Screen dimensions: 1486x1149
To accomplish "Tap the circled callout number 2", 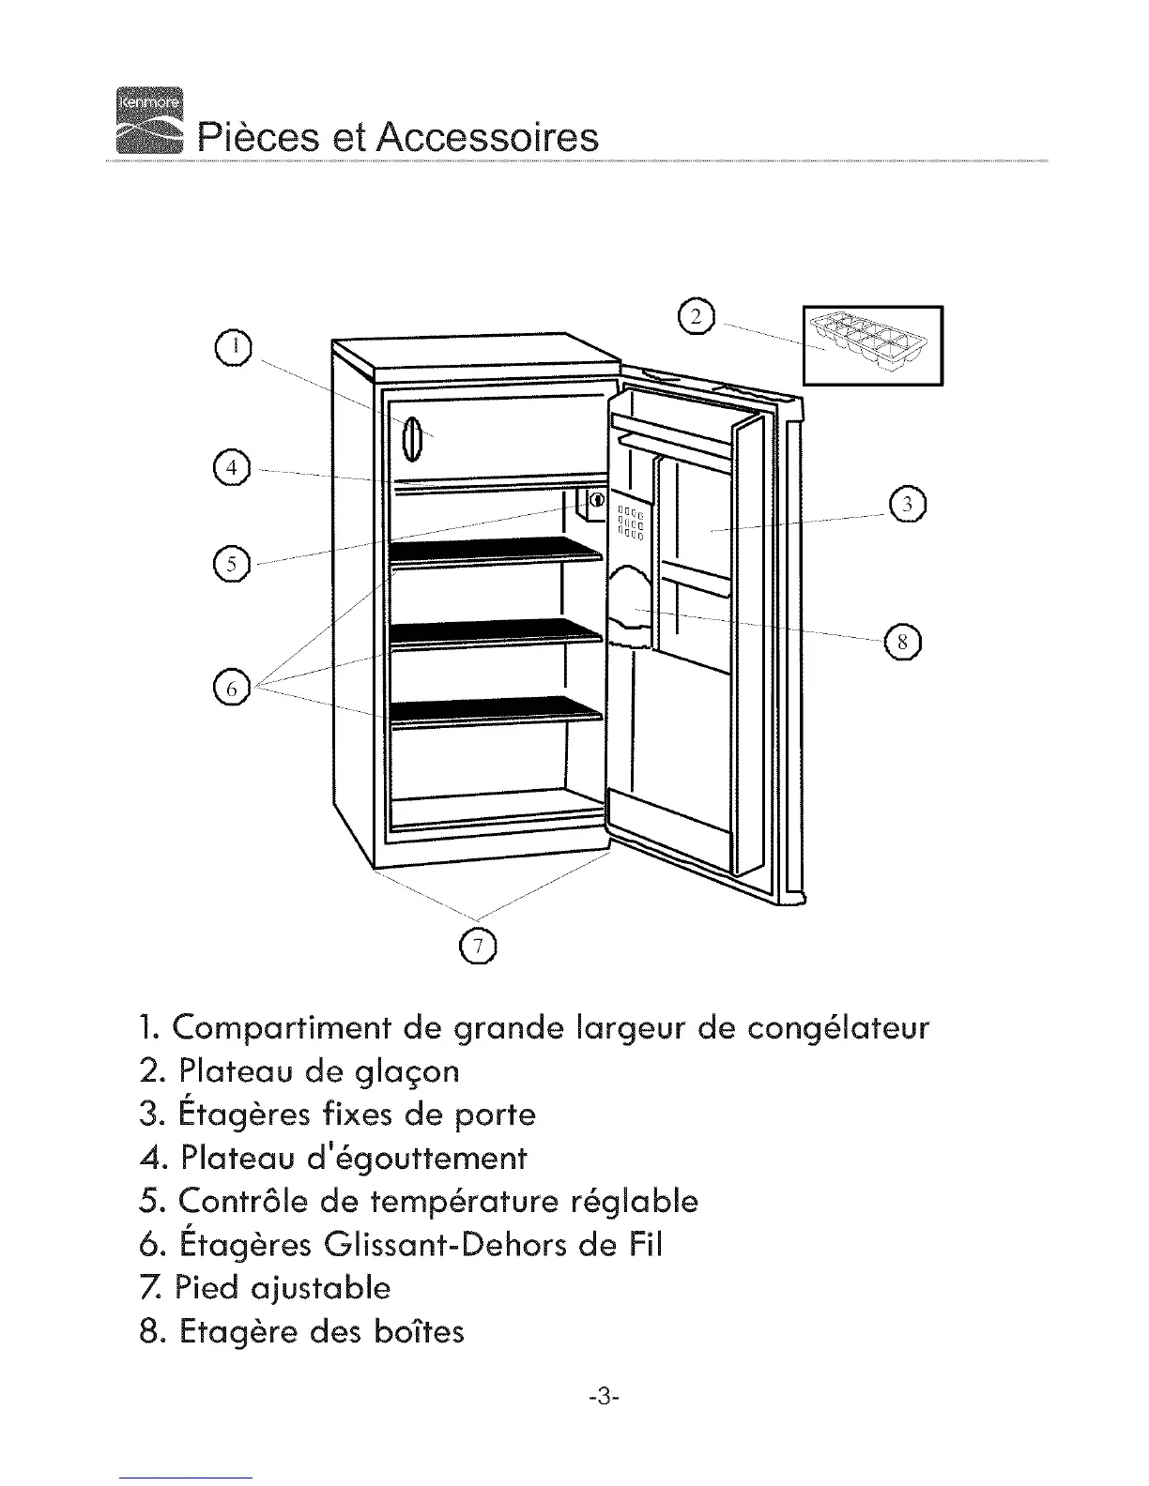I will tap(697, 316).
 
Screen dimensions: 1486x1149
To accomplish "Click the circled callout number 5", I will tap(230, 564).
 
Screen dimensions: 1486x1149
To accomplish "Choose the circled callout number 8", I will tap(902, 642).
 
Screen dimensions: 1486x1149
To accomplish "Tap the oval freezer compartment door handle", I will tap(411, 438).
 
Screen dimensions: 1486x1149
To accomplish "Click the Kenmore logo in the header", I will tap(150, 119).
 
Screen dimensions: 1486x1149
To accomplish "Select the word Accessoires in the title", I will tap(486, 137).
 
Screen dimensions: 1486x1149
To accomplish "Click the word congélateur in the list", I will tap(838, 1028).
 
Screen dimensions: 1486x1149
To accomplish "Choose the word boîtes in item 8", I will tap(418, 1331).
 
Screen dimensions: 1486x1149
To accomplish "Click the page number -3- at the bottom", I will tap(601, 1397).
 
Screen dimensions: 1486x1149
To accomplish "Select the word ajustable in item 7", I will tap(322, 1288).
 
